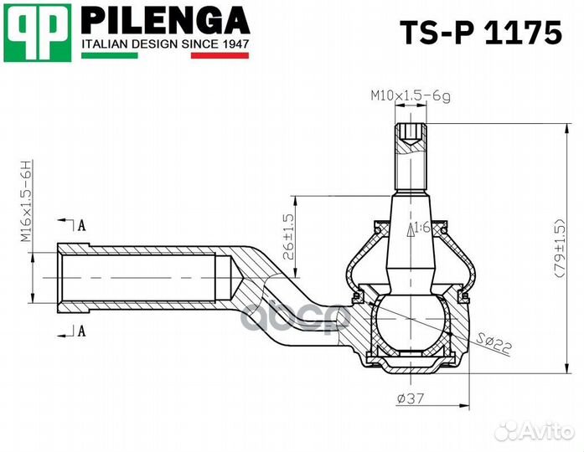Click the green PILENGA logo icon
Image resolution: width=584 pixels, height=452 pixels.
click(x=36, y=33)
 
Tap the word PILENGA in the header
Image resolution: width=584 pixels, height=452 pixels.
click(x=165, y=20)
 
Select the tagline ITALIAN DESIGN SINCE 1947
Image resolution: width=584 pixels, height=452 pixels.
click(x=165, y=43)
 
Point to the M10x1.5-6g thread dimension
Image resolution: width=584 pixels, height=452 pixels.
click(x=411, y=97)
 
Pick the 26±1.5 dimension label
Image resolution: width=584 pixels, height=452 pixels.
click(x=287, y=235)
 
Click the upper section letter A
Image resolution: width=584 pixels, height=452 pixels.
click(x=81, y=225)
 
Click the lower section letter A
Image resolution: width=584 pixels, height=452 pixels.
click(x=81, y=331)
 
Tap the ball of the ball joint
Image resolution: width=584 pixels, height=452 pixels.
click(x=411, y=321)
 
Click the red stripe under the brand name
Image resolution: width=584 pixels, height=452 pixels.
click(x=220, y=55)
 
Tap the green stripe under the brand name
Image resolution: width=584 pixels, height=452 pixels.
click(x=110, y=55)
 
